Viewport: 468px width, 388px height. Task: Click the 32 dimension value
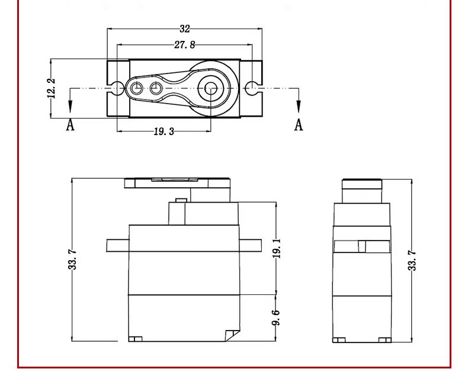tap(185, 28)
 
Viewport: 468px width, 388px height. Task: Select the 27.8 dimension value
tap(184, 45)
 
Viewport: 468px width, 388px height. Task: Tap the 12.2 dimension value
tap(52, 88)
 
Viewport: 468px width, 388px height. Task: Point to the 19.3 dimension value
tap(164, 132)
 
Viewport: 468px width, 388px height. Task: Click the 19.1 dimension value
tap(277, 248)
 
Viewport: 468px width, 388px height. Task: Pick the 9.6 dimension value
tap(276, 318)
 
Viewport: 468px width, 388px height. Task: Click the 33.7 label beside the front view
tap(72, 260)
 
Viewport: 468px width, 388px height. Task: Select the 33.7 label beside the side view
tap(412, 261)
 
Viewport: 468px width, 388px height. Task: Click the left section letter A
tap(70, 125)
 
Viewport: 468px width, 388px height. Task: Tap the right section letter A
tap(299, 125)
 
